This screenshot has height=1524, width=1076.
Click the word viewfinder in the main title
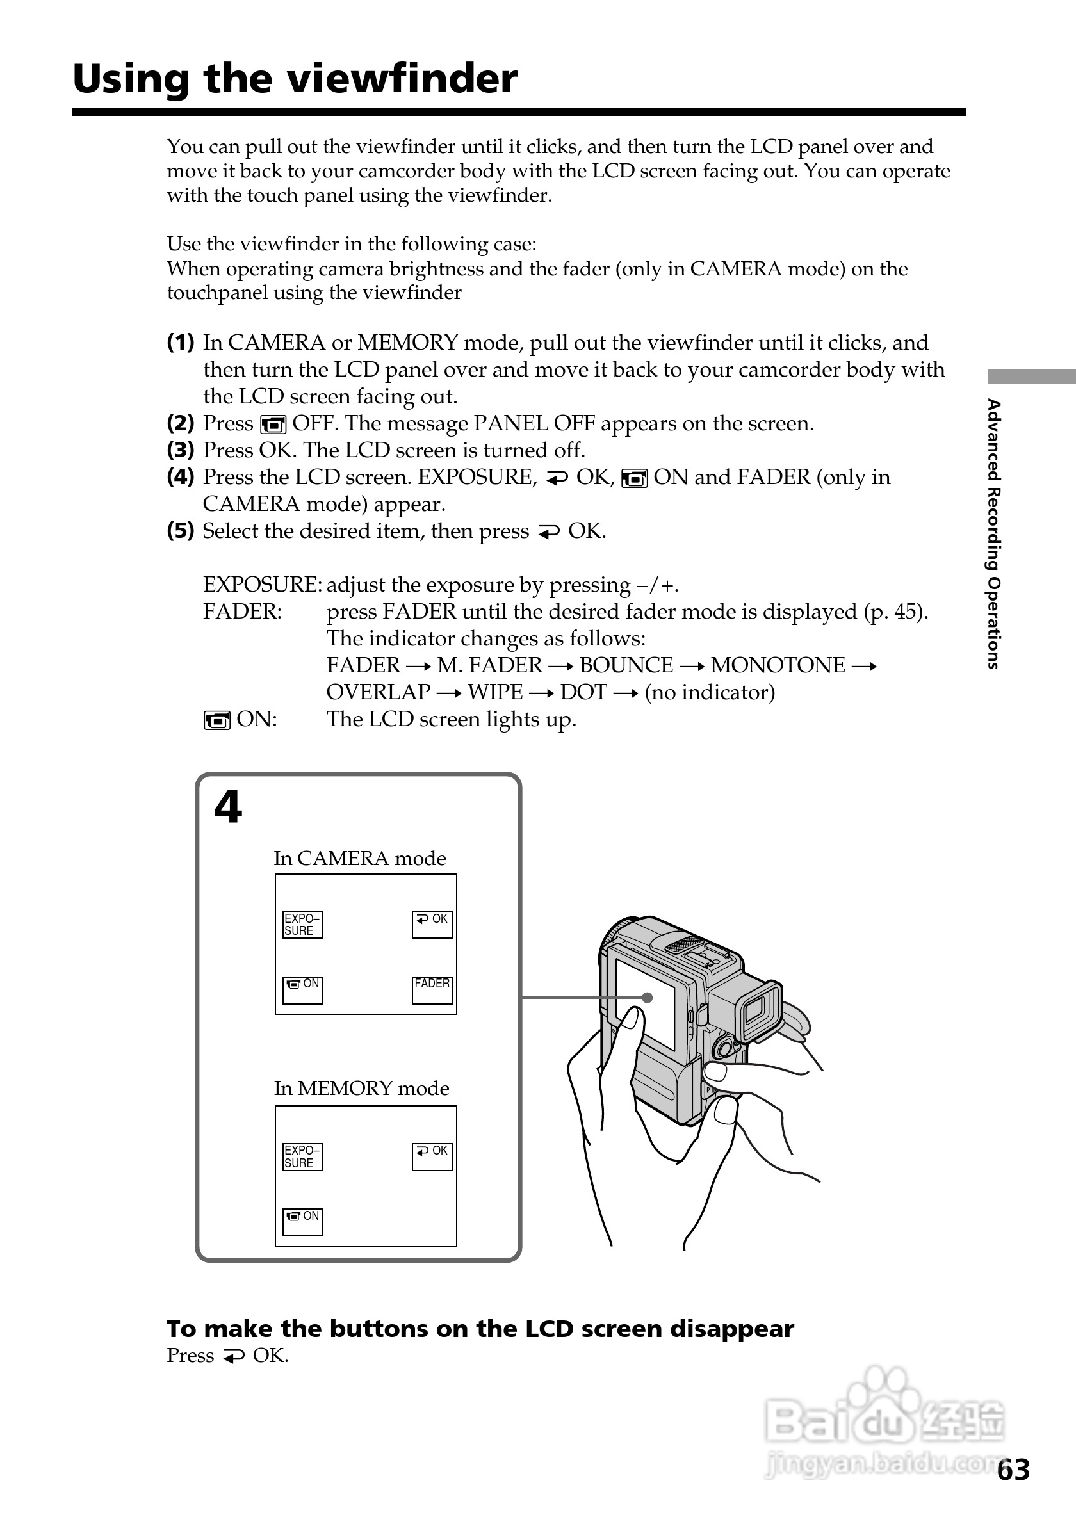pyautogui.click(x=402, y=79)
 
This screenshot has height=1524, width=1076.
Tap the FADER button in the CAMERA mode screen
pyautogui.click(x=432, y=990)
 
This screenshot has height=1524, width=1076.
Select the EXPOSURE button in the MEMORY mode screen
pyautogui.click(x=302, y=1157)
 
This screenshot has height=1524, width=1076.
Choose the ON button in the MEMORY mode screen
pyautogui.click(x=303, y=1222)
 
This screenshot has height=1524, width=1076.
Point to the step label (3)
pyautogui.click(x=181, y=450)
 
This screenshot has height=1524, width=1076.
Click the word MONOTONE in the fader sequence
pyautogui.click(x=778, y=665)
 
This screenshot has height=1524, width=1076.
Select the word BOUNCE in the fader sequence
pyautogui.click(x=626, y=665)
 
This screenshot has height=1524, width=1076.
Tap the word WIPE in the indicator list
pyautogui.click(x=495, y=692)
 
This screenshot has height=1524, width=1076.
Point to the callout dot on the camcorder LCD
pyautogui.click(x=648, y=998)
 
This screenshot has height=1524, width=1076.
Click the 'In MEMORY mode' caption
pyautogui.click(x=362, y=1089)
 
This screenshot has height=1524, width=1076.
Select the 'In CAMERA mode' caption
pyautogui.click(x=360, y=858)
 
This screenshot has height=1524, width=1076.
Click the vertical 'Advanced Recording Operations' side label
pyautogui.click(x=993, y=533)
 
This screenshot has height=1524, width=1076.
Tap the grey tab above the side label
pyautogui.click(x=1031, y=377)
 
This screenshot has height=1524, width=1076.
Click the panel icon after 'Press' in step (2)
pyautogui.click(x=273, y=424)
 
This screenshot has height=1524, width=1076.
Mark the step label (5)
pyautogui.click(x=181, y=531)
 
